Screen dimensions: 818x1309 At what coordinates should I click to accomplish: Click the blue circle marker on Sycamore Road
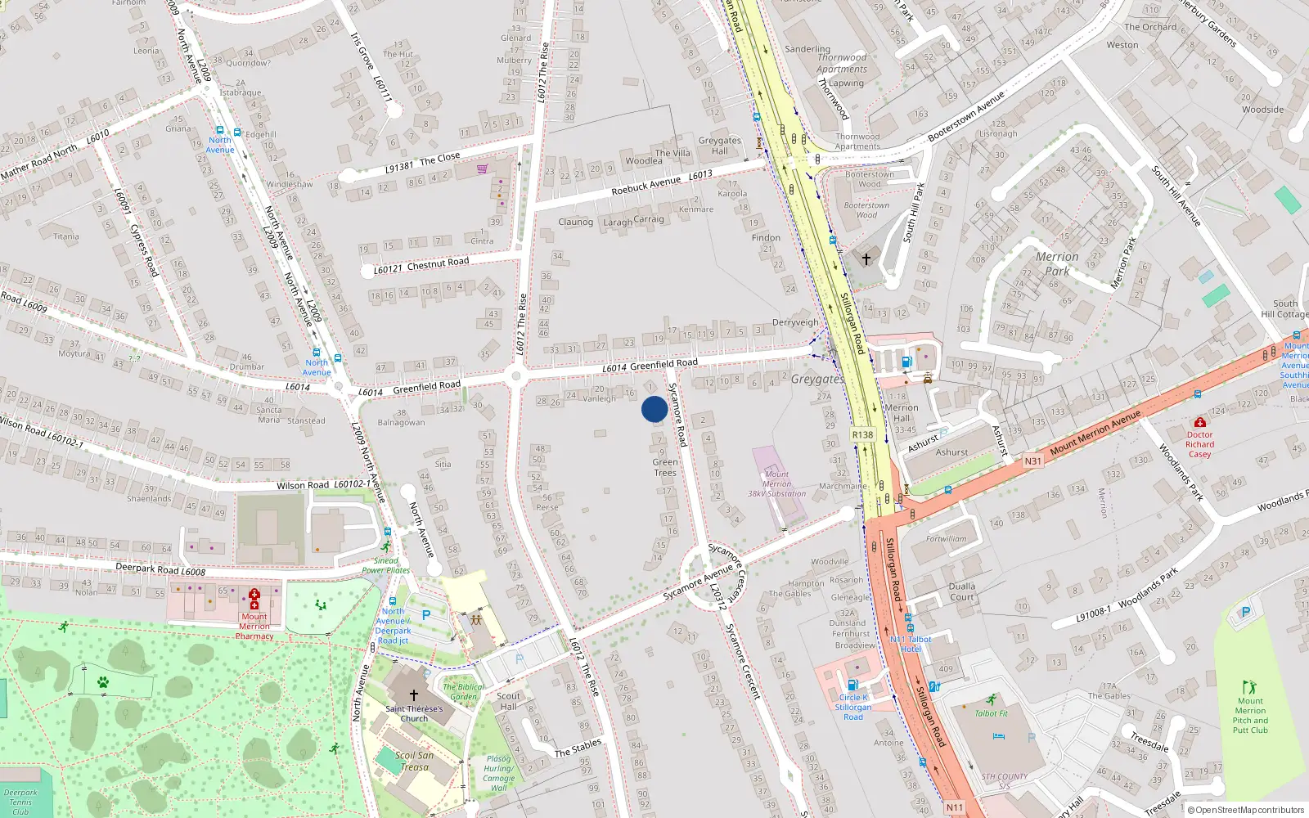point(654,409)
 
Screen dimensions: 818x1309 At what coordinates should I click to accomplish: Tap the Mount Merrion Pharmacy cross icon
point(254,595)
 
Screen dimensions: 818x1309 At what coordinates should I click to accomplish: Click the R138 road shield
point(862,434)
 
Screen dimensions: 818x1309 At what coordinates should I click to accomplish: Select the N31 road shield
point(1033,461)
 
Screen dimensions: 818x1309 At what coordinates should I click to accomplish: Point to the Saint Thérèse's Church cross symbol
point(414,695)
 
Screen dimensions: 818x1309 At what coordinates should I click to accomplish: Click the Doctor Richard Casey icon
point(1199,422)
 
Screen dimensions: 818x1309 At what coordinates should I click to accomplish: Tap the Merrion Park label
point(1056,263)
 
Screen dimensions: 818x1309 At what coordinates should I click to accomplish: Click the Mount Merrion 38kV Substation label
point(776,483)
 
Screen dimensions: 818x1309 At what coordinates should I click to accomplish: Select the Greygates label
point(817,379)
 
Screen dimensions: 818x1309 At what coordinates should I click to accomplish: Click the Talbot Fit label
point(992,713)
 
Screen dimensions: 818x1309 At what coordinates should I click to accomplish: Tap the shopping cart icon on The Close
point(483,169)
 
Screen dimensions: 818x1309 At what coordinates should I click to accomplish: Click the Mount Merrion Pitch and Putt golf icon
point(1249,687)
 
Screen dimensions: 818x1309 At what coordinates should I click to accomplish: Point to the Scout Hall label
point(508,701)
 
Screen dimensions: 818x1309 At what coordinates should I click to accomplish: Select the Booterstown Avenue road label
point(965,116)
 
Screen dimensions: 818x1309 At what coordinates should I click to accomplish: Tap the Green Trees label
point(665,467)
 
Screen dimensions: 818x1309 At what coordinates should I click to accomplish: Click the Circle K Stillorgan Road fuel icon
point(852,685)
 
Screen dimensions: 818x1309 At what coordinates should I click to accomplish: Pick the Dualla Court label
point(962,591)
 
